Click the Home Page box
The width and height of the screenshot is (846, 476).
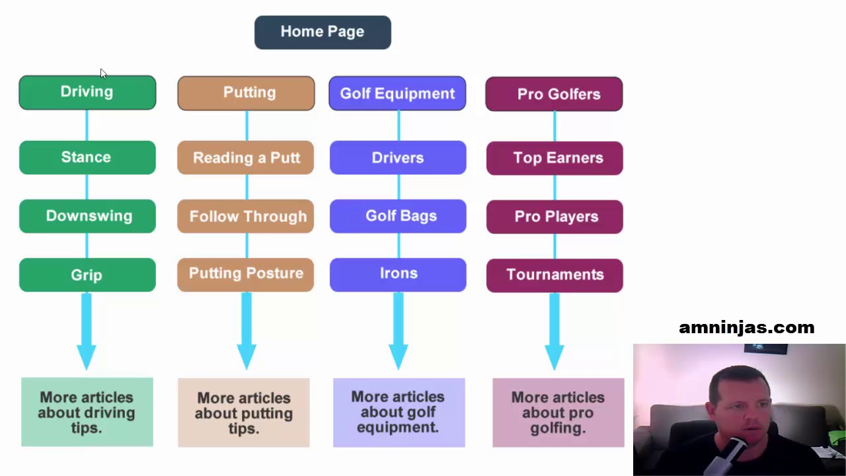click(323, 32)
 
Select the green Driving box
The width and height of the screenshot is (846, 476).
click(87, 93)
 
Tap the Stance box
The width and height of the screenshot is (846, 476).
click(87, 157)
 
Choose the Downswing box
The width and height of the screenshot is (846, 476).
click(87, 216)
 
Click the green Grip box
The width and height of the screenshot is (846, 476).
click(87, 275)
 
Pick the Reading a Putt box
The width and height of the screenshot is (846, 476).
click(246, 158)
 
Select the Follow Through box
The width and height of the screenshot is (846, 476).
click(246, 217)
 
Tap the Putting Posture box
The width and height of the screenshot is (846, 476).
click(246, 274)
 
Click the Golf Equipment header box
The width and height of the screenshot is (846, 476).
click(397, 94)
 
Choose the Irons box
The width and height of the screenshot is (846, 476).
click(398, 274)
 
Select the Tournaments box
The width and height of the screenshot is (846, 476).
click(555, 275)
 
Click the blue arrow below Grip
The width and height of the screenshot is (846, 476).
click(87, 331)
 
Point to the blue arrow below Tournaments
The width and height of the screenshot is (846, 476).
click(554, 331)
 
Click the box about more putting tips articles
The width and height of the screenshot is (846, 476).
click(243, 413)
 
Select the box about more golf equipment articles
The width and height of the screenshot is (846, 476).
click(399, 413)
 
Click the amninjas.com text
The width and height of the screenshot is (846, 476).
click(746, 327)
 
